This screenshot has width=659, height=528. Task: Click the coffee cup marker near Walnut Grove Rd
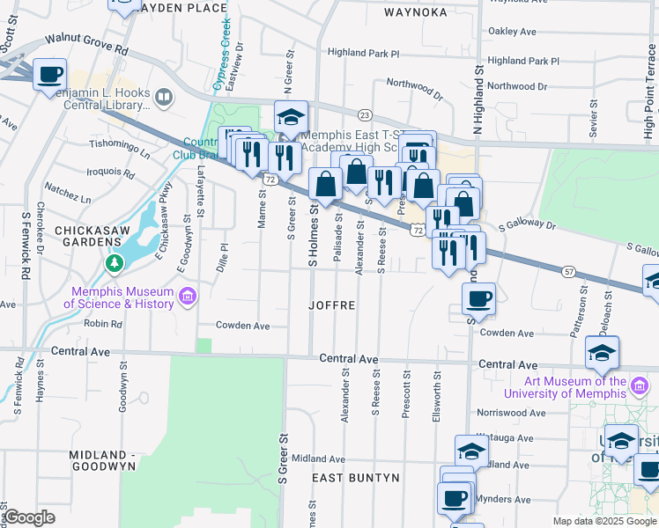coord(50,73)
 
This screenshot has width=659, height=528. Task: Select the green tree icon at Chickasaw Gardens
coord(114,262)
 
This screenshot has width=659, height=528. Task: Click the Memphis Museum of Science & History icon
coord(187,297)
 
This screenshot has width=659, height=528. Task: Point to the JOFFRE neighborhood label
coord(332,306)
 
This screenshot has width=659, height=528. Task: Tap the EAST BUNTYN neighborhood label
coord(357,478)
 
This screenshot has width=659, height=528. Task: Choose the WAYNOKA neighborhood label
coord(416,12)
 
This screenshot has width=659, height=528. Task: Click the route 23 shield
coord(365,115)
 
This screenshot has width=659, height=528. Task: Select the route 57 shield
coord(570,273)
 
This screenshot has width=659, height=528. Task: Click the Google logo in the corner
coord(30,517)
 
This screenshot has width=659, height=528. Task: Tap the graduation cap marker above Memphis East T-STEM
coord(291,116)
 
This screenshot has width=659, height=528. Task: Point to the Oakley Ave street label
coord(513,32)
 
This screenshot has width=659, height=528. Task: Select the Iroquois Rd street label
coord(110,172)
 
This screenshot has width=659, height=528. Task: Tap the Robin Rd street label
coord(102,324)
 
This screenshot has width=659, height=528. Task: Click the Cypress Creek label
coord(225,53)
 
